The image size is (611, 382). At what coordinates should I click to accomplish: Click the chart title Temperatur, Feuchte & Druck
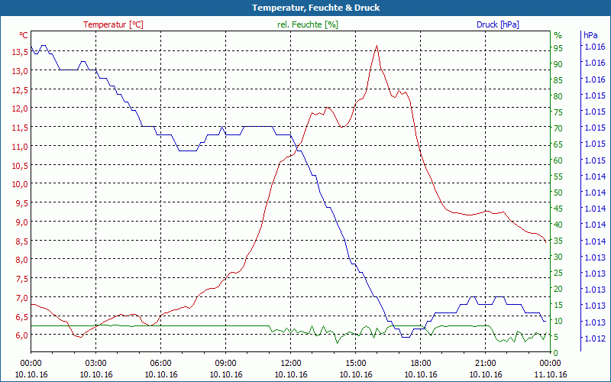[x=305, y=8]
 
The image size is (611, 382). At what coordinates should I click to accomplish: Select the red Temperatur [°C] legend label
[x=113, y=24]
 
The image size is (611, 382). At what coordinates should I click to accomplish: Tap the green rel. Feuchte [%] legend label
[x=308, y=24]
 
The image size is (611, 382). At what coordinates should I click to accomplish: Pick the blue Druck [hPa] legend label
[x=497, y=24]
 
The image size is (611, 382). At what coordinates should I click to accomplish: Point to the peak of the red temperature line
[x=377, y=47]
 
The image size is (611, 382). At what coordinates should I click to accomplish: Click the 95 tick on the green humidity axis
[x=558, y=47]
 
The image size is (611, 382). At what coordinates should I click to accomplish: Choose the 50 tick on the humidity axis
[x=558, y=193]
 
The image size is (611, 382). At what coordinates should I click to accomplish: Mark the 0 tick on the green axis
[x=556, y=353]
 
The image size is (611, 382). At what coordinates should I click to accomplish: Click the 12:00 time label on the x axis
[x=291, y=364]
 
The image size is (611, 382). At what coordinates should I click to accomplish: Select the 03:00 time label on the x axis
[x=96, y=364]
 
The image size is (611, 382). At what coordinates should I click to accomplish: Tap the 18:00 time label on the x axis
[x=421, y=364]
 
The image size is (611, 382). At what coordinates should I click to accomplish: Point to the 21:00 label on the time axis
[x=486, y=364]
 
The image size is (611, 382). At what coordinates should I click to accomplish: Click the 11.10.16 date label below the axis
[x=551, y=374]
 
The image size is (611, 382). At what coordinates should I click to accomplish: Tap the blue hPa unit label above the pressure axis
[x=590, y=35]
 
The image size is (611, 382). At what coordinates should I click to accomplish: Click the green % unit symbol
[x=558, y=35]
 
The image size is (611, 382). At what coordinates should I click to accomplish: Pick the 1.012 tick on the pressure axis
[x=594, y=338]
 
